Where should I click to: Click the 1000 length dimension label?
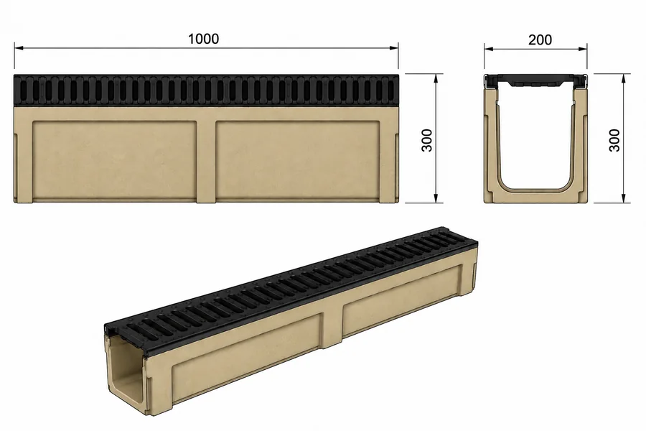pyautogui.click(x=204, y=39)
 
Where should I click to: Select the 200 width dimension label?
pyautogui.click(x=540, y=40)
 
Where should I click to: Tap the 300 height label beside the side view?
pyautogui.click(x=427, y=140)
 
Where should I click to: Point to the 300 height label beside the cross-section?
pyautogui.click(x=614, y=140)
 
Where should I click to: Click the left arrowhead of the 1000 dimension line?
pyautogui.click(x=19, y=48)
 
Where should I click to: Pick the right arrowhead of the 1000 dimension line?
pyautogui.click(x=393, y=48)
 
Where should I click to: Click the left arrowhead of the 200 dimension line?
pyautogui.click(x=489, y=49)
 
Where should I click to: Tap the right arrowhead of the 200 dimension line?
pyautogui.click(x=582, y=49)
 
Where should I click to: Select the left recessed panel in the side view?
pyautogui.click(x=114, y=159)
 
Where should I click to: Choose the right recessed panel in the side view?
pyautogui.click(x=297, y=159)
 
